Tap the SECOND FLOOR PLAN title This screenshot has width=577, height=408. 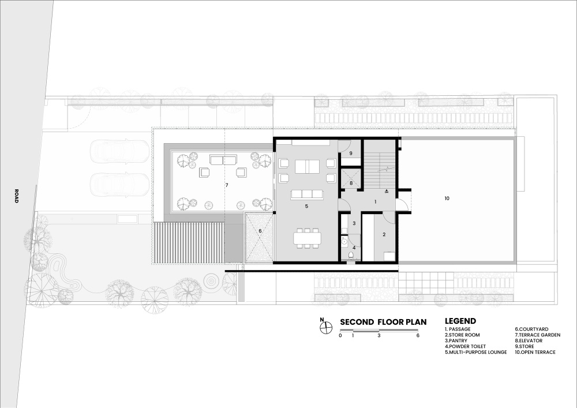383,322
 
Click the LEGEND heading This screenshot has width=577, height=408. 460,321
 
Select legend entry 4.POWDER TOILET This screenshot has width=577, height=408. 465,347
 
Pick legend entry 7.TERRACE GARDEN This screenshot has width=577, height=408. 537,335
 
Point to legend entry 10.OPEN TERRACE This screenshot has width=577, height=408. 535,352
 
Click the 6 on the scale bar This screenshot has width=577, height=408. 418,335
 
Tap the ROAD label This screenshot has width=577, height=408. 16,196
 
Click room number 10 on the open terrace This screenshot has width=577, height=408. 447,199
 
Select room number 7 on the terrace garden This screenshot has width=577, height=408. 227,185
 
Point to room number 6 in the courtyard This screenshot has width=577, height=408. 260,231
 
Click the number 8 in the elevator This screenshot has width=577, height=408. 351,183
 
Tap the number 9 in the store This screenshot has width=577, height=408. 351,153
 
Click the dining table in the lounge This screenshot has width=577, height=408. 308,238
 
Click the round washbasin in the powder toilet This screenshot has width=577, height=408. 344,242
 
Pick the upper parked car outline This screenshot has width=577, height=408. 120,152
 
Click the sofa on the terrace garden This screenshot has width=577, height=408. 223,160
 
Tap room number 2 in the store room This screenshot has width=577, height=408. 384,234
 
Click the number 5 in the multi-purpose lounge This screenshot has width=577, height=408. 306,207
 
